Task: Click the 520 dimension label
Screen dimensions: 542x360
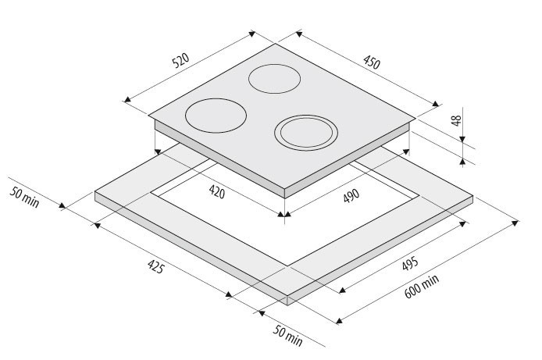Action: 181,60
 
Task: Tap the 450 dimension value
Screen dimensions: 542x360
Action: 372,62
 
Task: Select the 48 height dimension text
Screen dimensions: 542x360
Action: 457,120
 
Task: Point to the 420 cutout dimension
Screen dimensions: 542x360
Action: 217,192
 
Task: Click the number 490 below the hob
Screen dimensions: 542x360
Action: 351,195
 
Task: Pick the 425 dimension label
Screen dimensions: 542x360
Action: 155,266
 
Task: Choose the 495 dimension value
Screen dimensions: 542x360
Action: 410,263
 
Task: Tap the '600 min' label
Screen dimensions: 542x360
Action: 422,287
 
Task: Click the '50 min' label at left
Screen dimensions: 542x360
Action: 24,198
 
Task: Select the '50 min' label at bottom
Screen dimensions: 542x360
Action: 288,336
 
